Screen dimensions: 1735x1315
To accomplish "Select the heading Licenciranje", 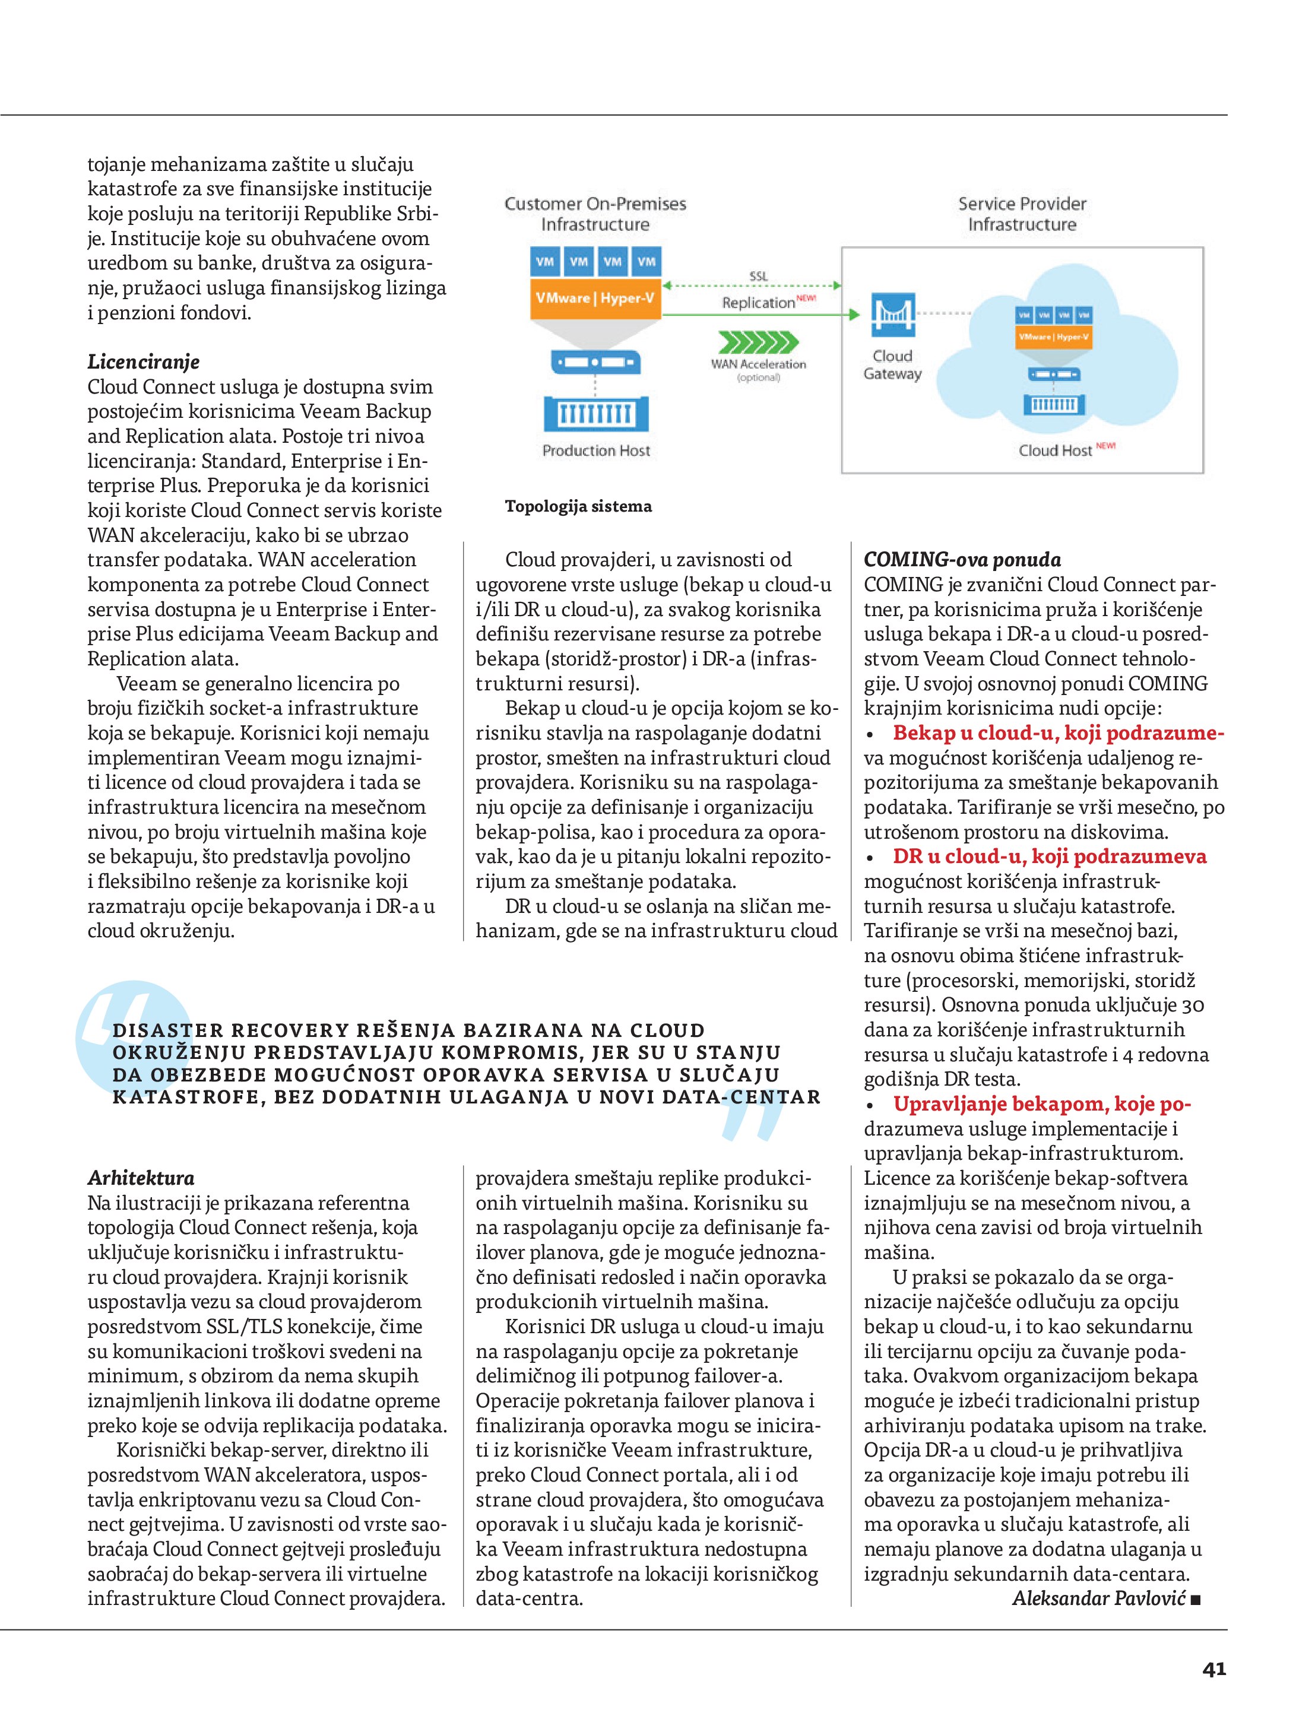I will click(143, 361).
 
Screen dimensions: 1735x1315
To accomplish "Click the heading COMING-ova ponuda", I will click(962, 559).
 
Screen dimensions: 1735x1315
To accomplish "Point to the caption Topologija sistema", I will click(578, 506).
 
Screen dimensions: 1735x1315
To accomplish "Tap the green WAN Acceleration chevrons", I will click(758, 342).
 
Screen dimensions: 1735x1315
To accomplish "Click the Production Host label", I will click(595, 450).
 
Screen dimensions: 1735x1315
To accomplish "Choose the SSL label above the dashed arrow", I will click(758, 276).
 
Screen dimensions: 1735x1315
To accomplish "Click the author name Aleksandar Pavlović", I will click(1098, 1598).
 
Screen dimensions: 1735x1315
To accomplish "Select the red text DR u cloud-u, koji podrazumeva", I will click(1049, 857).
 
